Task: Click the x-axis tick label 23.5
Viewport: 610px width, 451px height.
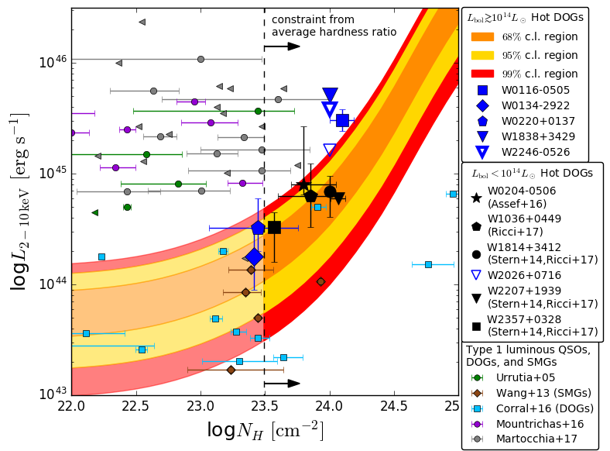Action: coord(265,405)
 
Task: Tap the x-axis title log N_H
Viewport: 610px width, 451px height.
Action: coord(265,430)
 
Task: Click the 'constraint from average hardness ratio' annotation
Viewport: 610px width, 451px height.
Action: coord(334,26)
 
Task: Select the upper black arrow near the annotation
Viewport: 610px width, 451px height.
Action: coord(282,46)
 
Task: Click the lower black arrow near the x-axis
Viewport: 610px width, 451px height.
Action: coord(282,384)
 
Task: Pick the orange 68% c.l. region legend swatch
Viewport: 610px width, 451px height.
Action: coord(482,37)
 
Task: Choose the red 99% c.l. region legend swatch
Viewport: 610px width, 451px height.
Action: coord(482,74)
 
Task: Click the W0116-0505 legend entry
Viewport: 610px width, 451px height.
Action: coord(535,90)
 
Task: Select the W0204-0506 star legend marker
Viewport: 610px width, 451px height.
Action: coord(476,197)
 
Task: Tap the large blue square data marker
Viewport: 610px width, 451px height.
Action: coord(342,120)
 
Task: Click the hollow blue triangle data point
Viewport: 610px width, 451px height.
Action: coord(330,150)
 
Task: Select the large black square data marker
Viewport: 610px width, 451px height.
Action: coord(274,227)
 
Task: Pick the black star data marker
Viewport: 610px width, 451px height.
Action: coord(303,184)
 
